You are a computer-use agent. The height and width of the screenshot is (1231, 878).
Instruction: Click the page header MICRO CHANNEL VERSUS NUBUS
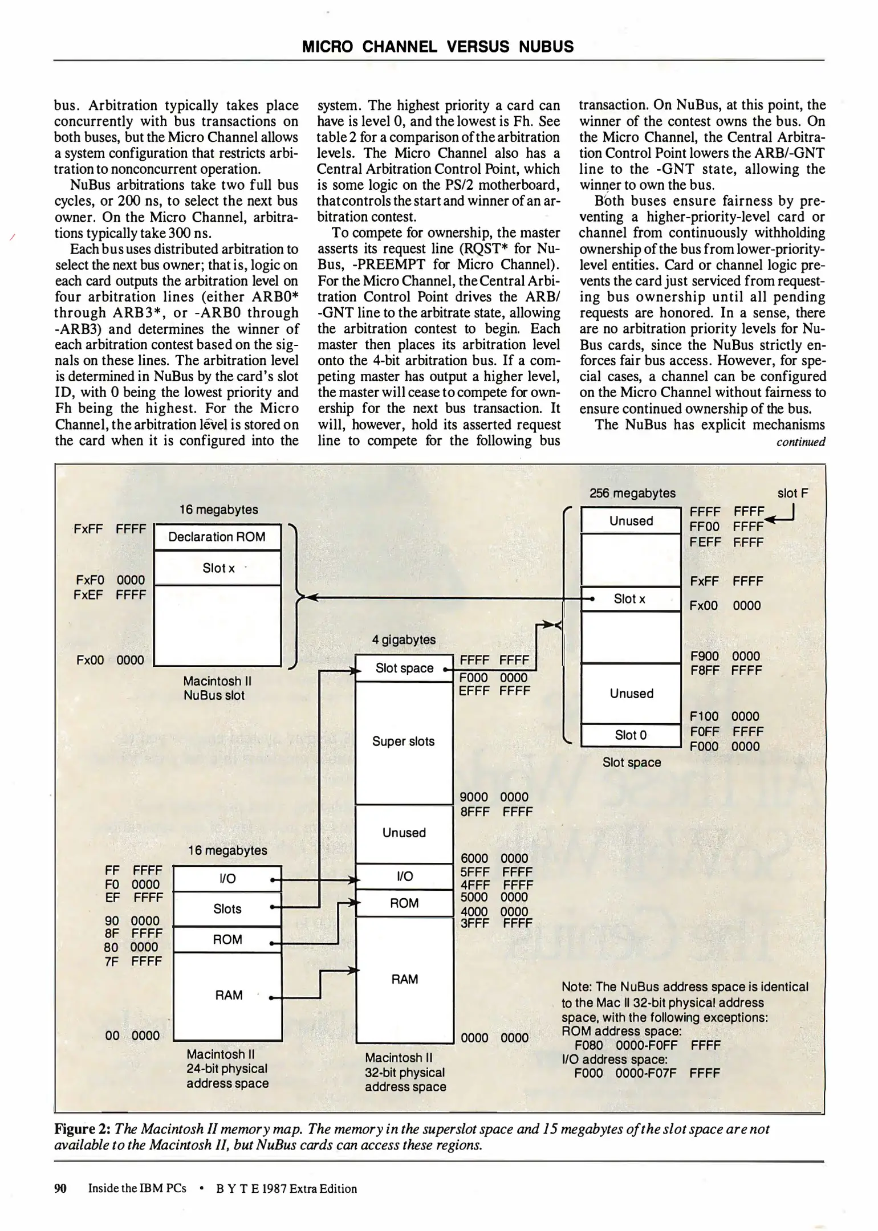tap(437, 47)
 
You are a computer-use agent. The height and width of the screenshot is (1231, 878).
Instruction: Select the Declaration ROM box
tap(217, 537)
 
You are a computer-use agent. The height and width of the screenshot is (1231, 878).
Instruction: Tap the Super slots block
tap(403, 741)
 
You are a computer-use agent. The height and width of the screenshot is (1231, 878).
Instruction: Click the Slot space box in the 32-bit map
tap(404, 668)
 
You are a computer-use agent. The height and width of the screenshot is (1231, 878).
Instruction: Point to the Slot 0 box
tap(631, 735)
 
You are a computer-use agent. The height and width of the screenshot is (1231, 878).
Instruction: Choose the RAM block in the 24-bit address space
tap(228, 995)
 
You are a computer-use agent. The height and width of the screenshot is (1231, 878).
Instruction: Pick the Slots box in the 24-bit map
tap(227, 909)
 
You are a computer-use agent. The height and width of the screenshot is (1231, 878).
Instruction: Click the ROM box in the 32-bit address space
tap(404, 903)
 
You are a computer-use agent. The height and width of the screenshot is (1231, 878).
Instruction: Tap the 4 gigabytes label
tap(404, 639)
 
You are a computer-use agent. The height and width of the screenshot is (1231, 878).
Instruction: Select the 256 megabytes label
tap(632, 493)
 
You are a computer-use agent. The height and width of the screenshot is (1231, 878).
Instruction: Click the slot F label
tap(792, 494)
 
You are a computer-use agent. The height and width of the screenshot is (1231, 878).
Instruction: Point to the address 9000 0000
tap(494, 797)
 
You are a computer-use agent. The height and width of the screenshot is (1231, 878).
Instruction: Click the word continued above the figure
tap(800, 442)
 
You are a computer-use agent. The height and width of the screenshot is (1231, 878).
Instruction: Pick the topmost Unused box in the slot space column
tap(631, 521)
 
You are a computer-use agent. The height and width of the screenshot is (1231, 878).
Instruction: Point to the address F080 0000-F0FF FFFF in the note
tap(648, 1045)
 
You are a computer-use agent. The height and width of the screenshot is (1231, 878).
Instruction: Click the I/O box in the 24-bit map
tap(227, 878)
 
